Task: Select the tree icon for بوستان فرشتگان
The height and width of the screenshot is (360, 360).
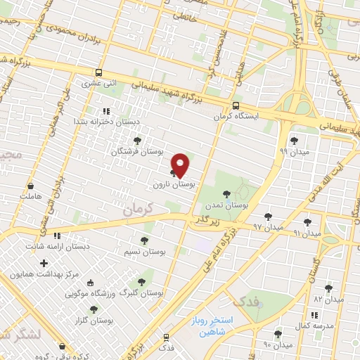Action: pyautogui.click(x=137, y=141)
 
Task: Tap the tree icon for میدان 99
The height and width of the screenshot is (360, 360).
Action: pyautogui.click(x=294, y=141)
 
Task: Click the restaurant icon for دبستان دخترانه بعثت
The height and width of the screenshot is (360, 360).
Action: pyautogui.click(x=106, y=111)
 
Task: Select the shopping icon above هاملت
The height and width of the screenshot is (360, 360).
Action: pyautogui.click(x=31, y=186)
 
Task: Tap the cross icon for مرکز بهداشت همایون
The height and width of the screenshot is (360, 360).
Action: pyautogui.click(x=44, y=263)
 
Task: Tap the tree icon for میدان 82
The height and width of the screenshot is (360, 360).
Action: pyautogui.click(x=328, y=288)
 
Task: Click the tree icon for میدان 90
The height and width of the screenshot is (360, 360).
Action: pyautogui.click(x=278, y=333)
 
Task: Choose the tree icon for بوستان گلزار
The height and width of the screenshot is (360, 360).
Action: pyautogui.click(x=94, y=309)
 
